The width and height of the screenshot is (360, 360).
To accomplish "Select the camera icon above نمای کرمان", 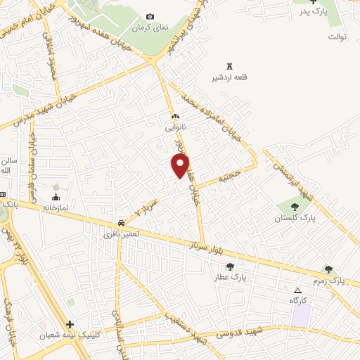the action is [x=150, y=16].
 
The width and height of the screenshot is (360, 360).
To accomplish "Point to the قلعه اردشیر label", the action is [x=226, y=77].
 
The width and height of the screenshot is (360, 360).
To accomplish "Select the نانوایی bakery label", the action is [x=175, y=128].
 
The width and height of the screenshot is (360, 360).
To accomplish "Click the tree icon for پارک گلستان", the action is [x=293, y=207].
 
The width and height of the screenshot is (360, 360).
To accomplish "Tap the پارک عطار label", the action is [x=230, y=278].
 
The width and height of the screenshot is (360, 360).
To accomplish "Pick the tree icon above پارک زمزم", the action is [x=328, y=269].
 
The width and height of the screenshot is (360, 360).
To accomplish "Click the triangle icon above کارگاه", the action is [x=297, y=290].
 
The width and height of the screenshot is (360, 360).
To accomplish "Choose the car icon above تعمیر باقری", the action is [x=122, y=221].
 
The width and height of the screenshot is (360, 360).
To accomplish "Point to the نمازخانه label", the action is [x=56, y=207].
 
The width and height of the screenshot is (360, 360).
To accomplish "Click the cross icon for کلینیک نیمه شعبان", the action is [x=70, y=325].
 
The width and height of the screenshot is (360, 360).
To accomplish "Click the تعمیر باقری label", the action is [x=120, y=232].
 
